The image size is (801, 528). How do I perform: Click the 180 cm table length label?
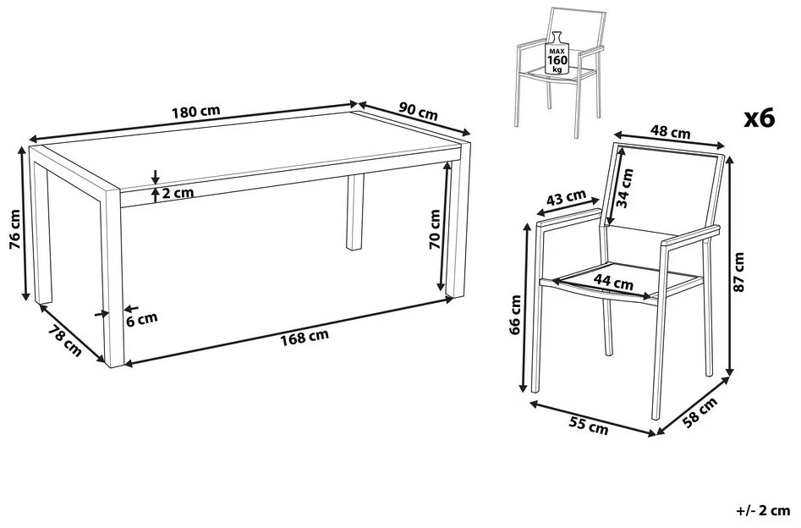[x=196, y=111]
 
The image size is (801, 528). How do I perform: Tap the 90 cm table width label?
[x=419, y=111]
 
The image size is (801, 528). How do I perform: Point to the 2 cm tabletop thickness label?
[x=178, y=193]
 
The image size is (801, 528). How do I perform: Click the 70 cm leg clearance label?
[x=435, y=229]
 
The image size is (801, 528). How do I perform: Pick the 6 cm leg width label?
[x=141, y=319]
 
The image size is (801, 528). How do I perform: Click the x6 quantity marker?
[x=760, y=118]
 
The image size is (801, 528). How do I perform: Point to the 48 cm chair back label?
[x=670, y=132]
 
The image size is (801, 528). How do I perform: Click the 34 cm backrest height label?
[x=625, y=188]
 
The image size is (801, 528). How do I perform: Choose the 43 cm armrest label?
[x=566, y=197]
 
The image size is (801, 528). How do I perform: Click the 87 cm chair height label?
[x=738, y=272]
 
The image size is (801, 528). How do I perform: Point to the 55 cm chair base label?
[x=590, y=426]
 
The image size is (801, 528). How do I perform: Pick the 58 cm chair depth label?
[x=700, y=412]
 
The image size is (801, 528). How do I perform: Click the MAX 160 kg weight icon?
[x=557, y=52]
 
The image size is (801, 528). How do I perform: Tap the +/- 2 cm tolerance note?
[x=763, y=511]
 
